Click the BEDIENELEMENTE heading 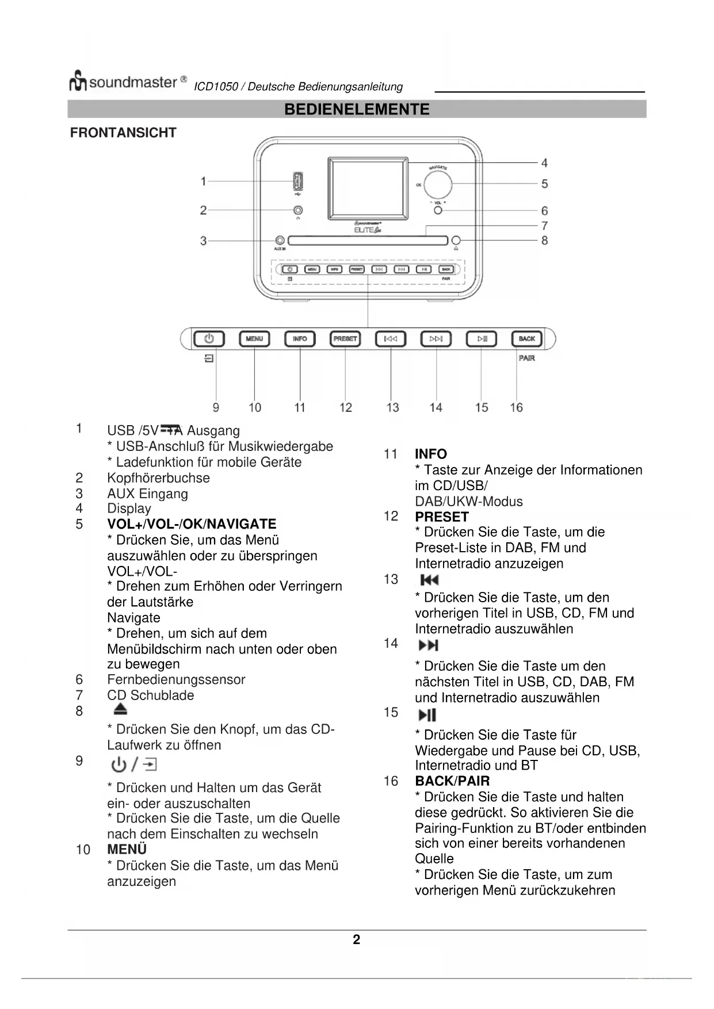pos(357,109)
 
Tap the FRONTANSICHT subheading pos(123,133)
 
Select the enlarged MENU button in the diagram pos(254,339)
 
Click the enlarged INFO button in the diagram pos(300,339)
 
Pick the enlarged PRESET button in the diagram pos(345,339)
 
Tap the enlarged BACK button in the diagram pos(526,339)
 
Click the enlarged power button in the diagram pos(209,339)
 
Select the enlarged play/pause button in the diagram pos(482,339)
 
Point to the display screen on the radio pos(368,188)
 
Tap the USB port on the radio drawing pos(298,182)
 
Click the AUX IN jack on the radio pos(280,240)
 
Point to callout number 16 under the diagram pos(516,407)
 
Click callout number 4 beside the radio pos(544,163)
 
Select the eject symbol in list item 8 pos(120,709)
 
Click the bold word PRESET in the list pos(442,517)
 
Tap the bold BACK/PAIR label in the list pos(452,781)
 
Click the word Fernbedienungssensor pos(176,679)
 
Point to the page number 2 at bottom pos(357,939)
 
